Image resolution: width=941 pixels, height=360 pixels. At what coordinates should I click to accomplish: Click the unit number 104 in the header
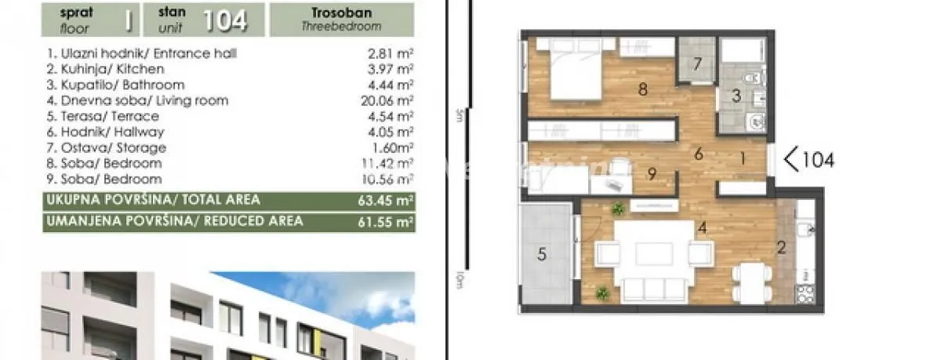tap(224, 20)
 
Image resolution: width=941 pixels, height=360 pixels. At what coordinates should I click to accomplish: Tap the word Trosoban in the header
tap(341, 13)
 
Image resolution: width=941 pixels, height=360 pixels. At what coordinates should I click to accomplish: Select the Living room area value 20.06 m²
tap(387, 100)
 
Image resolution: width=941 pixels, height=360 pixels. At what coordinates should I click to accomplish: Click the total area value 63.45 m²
tap(386, 200)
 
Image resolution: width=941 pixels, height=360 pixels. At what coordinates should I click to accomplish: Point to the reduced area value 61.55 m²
tap(386, 222)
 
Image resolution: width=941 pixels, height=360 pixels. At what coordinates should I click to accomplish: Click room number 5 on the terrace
tap(541, 254)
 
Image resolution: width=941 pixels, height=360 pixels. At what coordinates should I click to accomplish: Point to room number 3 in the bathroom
tap(736, 96)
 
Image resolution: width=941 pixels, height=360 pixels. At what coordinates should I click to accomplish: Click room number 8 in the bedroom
tap(643, 89)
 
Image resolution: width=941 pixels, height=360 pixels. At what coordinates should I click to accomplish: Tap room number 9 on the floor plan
tap(652, 173)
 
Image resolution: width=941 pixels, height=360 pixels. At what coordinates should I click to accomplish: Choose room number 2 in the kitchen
tap(780, 249)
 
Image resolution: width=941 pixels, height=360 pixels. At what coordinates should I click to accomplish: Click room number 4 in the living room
tap(703, 228)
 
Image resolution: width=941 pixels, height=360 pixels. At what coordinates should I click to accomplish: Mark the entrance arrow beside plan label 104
tap(791, 160)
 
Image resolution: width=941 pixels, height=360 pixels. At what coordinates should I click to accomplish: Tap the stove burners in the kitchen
tap(805, 294)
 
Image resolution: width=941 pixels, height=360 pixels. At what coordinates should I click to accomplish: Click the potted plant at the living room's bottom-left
tap(601, 293)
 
